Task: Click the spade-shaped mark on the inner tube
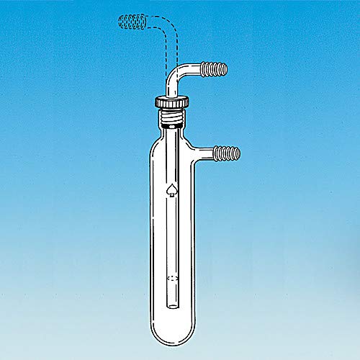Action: (x=172, y=190)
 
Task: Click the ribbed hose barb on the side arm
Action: (x=230, y=152)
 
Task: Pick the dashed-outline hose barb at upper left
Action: (x=130, y=23)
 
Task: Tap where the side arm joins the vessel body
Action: (x=194, y=152)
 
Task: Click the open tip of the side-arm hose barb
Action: (x=240, y=152)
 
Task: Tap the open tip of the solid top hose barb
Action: (x=226, y=69)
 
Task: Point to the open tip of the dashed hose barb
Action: (x=119, y=23)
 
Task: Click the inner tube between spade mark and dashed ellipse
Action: (x=173, y=234)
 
